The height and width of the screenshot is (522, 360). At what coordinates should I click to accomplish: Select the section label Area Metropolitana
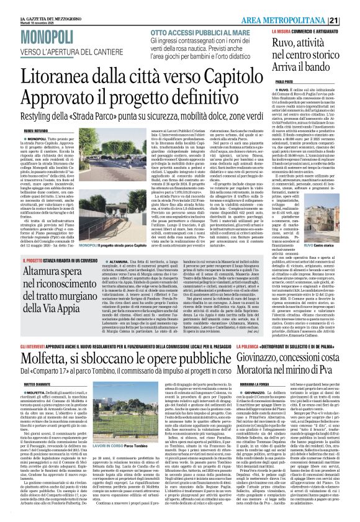(310, 6)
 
